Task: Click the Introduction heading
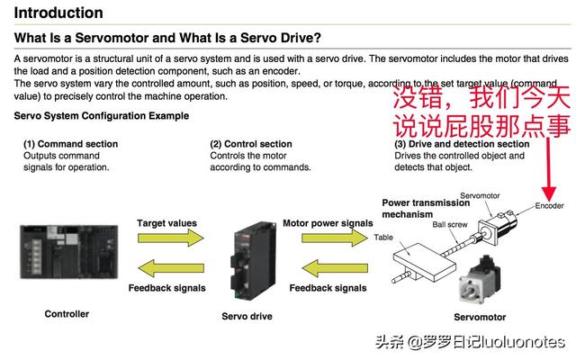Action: pyautogui.click(x=58, y=13)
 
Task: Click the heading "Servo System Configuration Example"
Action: pyautogui.click(x=102, y=116)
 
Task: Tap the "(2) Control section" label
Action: pyautogui.click(x=251, y=144)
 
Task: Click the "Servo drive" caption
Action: pyautogui.click(x=247, y=317)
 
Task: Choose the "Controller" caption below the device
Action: pyautogui.click(x=67, y=314)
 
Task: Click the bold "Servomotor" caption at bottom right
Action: pyautogui.click(x=480, y=317)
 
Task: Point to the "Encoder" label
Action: pyautogui.click(x=549, y=206)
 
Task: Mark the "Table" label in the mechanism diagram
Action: pyautogui.click(x=383, y=238)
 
